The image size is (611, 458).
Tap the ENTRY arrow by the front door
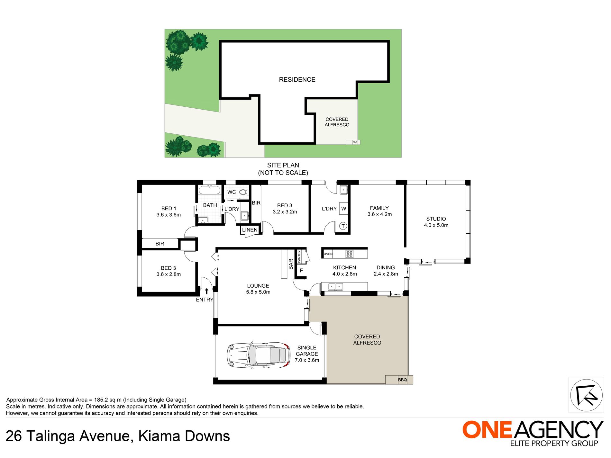206,292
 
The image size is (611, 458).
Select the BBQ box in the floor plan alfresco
402,380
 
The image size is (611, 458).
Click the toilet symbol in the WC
243,192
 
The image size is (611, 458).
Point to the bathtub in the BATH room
209,190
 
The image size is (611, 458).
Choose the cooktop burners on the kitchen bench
349,254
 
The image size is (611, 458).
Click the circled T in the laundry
343,226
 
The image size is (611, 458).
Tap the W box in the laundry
343,209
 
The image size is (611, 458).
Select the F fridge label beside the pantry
301,271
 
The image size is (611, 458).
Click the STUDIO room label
436,219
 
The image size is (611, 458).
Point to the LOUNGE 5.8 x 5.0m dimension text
258,292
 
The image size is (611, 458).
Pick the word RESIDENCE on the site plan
297,80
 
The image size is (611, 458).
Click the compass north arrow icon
586,395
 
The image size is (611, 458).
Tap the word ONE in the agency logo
487,430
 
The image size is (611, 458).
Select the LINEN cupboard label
250,230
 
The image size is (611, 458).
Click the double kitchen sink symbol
335,286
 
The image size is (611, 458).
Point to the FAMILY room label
379,208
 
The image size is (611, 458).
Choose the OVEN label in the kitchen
328,254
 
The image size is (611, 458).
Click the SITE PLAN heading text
283,165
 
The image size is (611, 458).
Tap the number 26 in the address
14,436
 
